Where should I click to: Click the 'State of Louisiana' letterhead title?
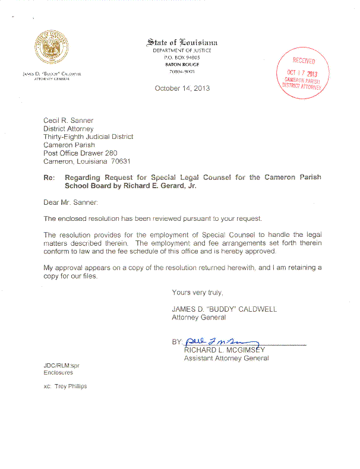click(x=182, y=42)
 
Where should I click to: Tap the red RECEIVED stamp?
click(x=302, y=74)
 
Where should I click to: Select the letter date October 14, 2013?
click(x=182, y=88)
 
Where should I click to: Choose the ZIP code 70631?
click(x=121, y=161)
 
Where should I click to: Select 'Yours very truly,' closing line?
click(x=197, y=293)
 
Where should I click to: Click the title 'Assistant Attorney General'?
click(x=226, y=358)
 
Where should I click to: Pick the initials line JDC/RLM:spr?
click(x=61, y=365)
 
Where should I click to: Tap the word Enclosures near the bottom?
click(x=58, y=373)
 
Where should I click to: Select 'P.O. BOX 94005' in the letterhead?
click(x=182, y=58)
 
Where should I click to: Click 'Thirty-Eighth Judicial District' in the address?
click(x=89, y=137)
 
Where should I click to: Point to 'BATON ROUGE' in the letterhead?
click(x=182, y=64)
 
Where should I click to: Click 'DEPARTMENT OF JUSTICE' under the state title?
click(x=182, y=50)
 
